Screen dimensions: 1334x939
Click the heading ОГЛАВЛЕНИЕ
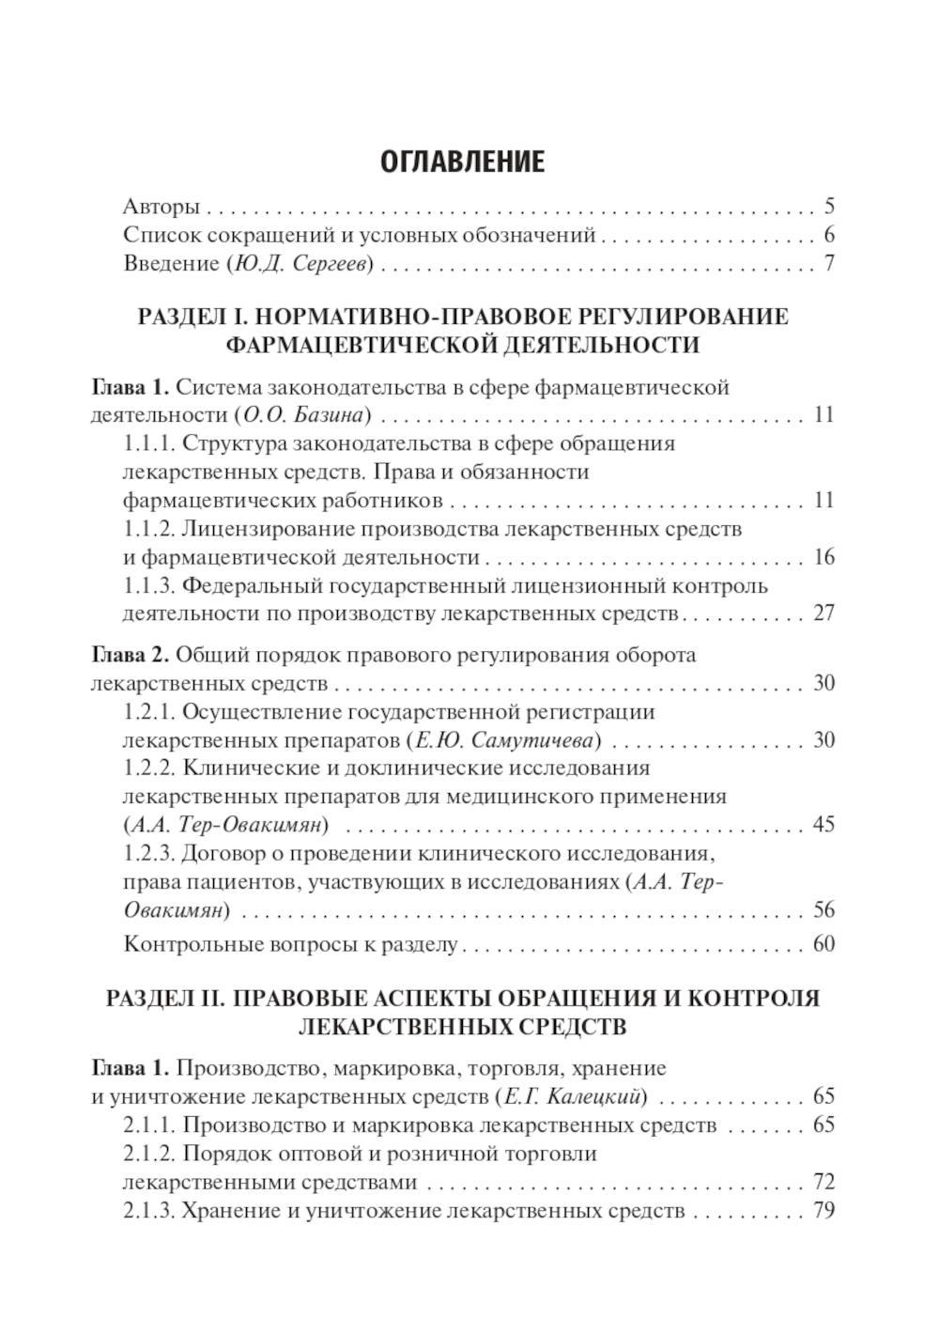coord(462,162)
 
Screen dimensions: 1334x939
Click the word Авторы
coord(161,207)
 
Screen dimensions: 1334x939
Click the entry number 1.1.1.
coord(148,443)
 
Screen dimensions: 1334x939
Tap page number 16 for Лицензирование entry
coord(824,557)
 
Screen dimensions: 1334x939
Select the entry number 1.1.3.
coord(148,586)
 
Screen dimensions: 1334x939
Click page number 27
coord(824,614)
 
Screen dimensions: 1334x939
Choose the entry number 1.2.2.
coord(149,768)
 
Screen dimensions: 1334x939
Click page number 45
coord(824,826)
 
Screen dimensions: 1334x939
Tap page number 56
coord(824,910)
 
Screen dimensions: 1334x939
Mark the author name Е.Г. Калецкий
coord(573,1096)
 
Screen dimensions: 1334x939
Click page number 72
coord(824,1182)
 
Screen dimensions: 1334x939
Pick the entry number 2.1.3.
coord(148,1211)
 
